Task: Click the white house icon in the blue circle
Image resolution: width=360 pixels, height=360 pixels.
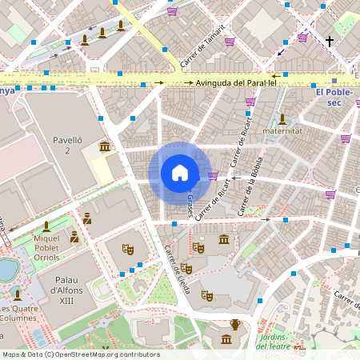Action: pos(180,173)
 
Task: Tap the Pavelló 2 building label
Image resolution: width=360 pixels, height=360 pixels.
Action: pos(68,145)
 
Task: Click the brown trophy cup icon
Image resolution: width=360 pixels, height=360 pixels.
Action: pos(235,324)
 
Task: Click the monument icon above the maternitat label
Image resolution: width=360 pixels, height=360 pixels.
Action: pos(282,118)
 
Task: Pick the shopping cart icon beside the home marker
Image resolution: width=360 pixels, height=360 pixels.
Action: pos(213,175)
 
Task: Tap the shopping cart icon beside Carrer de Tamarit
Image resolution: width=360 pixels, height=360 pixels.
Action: pos(230,41)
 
